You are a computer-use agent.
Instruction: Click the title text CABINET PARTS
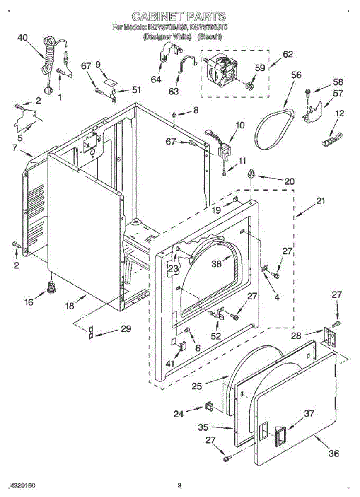(179, 17)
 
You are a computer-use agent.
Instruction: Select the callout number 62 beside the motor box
(288, 54)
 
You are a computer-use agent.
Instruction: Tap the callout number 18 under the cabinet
(70, 306)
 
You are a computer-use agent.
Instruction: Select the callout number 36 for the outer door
(333, 454)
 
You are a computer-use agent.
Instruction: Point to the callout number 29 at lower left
(126, 329)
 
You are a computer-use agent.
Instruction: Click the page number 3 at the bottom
(179, 485)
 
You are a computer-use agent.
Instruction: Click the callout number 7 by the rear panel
(14, 147)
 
